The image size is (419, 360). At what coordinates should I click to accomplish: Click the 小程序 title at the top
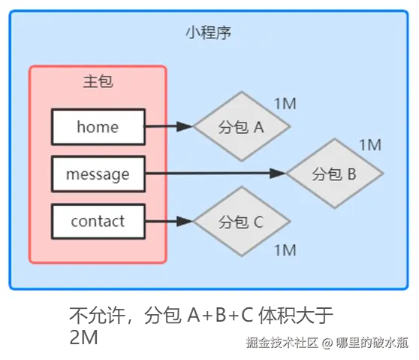[x=209, y=32]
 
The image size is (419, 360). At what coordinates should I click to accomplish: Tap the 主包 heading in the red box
[x=98, y=81]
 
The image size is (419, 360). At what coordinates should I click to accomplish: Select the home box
[x=98, y=127]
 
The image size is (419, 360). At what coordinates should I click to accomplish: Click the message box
[x=98, y=174]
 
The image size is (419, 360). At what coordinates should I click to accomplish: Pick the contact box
[x=98, y=221]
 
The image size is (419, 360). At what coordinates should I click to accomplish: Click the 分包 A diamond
[x=242, y=126]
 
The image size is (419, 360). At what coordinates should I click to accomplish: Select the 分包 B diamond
[x=335, y=174]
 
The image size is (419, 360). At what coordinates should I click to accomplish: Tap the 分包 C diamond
[x=242, y=221]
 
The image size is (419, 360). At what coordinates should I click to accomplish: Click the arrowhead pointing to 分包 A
[x=185, y=126]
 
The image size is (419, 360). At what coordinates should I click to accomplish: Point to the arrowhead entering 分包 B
[x=278, y=174]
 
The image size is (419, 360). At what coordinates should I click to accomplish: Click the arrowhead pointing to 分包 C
[x=185, y=221]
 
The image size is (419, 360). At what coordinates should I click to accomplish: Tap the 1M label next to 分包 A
[x=285, y=104]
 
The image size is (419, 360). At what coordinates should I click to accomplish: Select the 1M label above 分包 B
[x=370, y=145]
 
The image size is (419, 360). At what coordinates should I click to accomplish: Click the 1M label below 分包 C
[x=285, y=250]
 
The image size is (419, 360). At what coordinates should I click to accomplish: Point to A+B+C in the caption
[x=221, y=315]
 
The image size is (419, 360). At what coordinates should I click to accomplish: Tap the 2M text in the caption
[x=83, y=337]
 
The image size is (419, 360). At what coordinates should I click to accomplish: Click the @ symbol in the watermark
[x=327, y=343]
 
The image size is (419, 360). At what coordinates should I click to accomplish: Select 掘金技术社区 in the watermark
[x=282, y=343]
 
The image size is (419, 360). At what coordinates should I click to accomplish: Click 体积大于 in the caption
[x=296, y=316]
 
